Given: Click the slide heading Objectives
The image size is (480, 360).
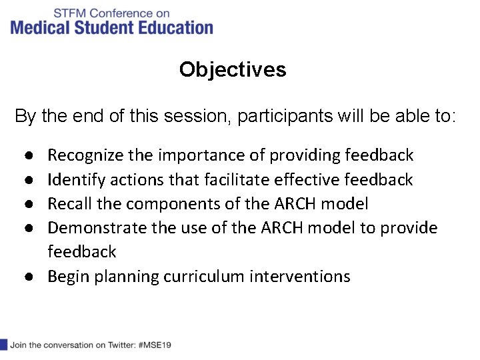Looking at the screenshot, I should [x=233, y=70].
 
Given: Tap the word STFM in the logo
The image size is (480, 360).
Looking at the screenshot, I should [x=69, y=13].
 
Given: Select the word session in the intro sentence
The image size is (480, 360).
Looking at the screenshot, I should [x=187, y=117].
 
